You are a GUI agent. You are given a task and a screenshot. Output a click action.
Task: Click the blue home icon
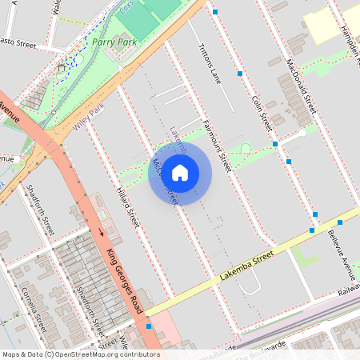click(x=180, y=173)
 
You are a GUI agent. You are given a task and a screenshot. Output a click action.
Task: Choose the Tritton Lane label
click(x=210, y=63)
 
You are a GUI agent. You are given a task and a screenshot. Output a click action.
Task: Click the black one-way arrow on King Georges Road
click(x=102, y=233)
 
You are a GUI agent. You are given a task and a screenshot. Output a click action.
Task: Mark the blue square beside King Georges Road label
click(x=149, y=326)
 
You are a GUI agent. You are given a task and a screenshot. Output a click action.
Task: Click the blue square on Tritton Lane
click(x=239, y=74)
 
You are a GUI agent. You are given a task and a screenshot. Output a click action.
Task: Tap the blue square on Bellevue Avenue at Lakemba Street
click(x=312, y=230)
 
